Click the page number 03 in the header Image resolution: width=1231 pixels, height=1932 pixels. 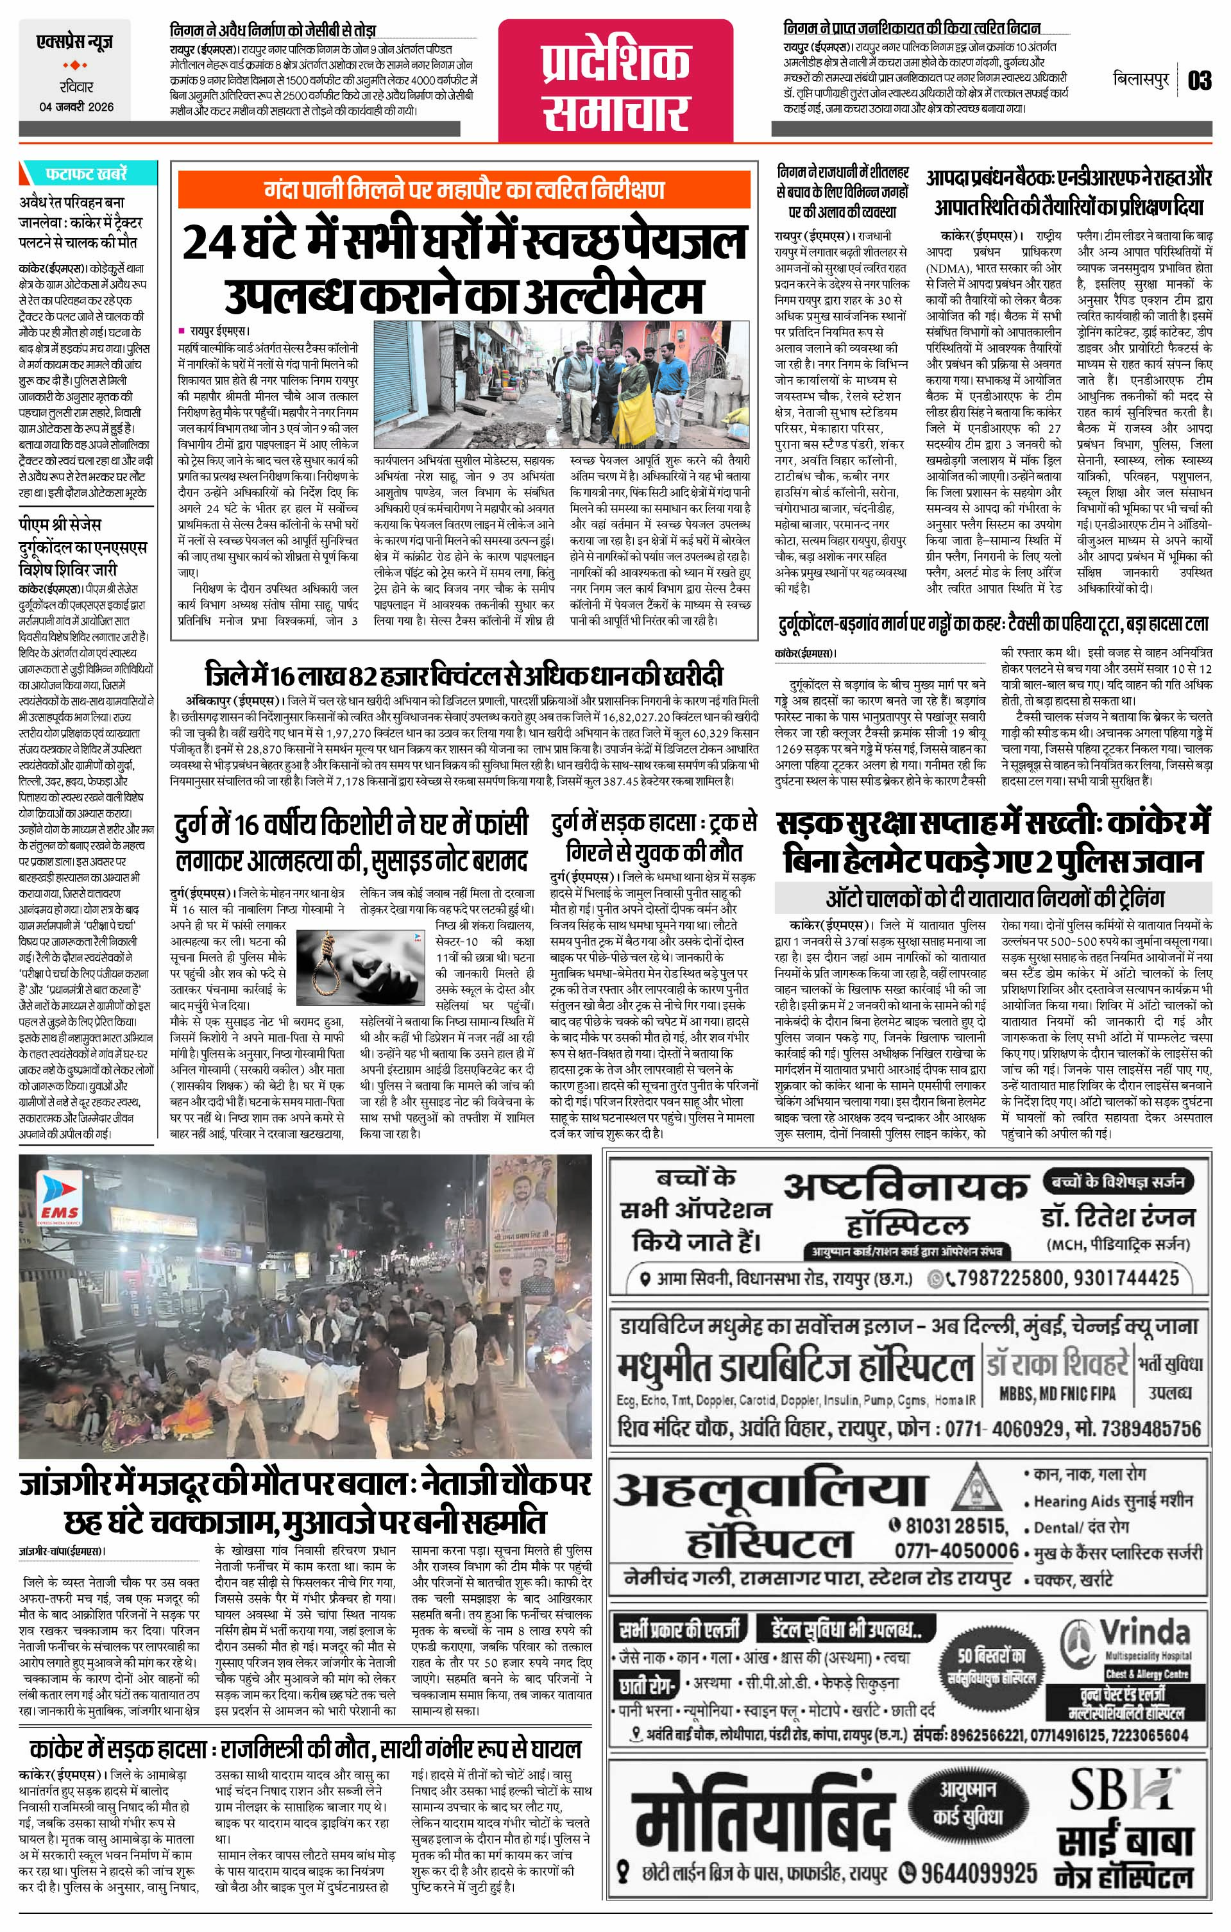coord(1200,80)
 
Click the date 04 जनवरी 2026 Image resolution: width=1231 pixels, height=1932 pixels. coord(76,106)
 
